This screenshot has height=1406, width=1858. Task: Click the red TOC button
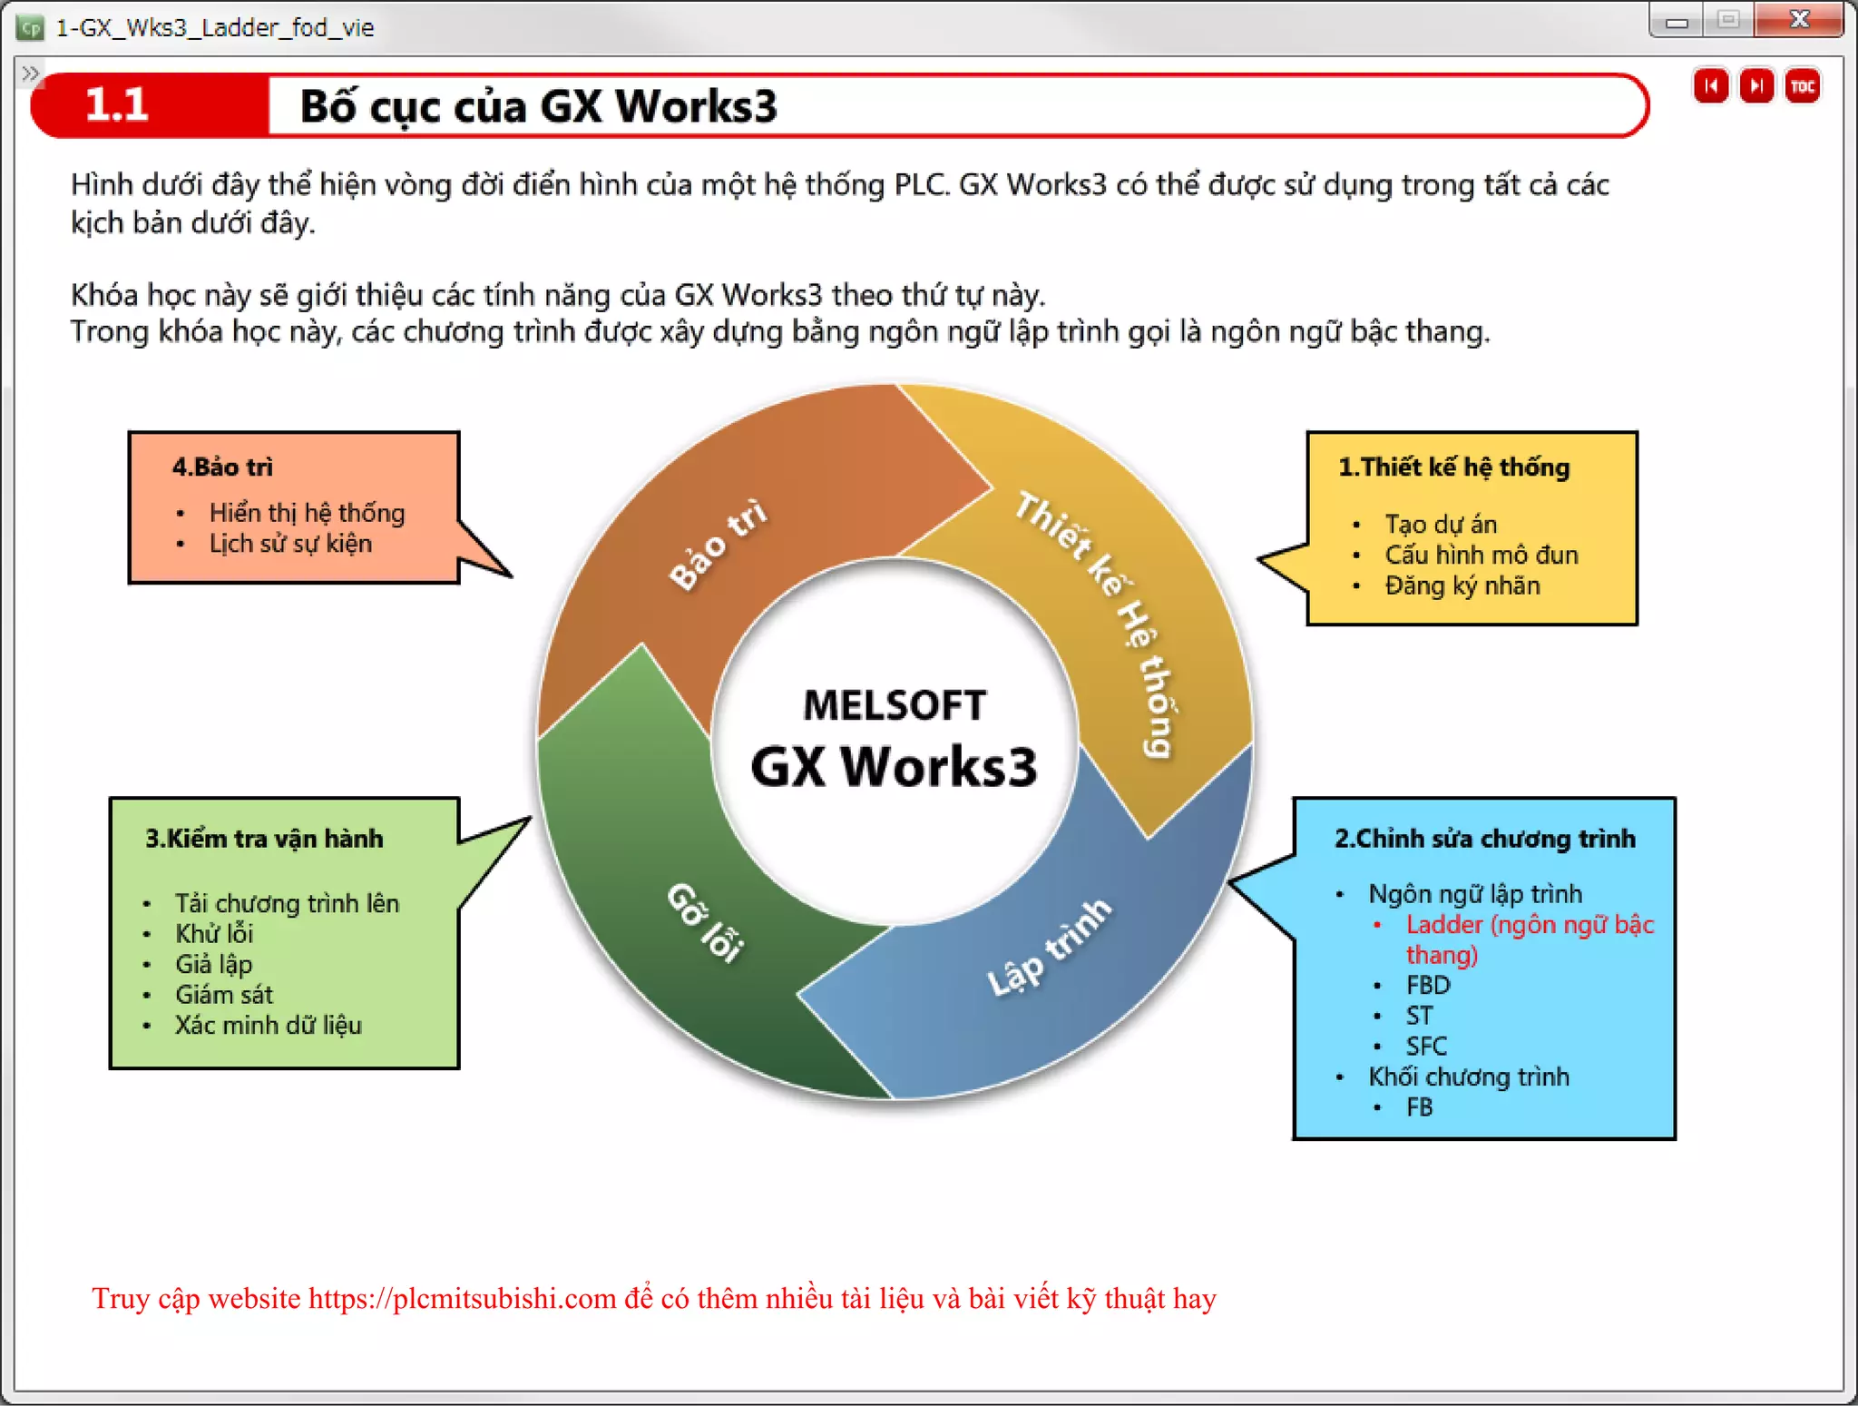pos(1802,86)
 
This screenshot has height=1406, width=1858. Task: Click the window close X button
pos(1799,19)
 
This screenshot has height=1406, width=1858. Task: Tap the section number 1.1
pos(117,105)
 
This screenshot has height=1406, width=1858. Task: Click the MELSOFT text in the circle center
pos(894,706)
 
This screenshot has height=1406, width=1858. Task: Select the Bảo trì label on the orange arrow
pos(718,544)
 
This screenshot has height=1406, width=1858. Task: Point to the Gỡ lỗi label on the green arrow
pos(707,920)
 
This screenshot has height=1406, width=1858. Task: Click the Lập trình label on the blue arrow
pos(1048,948)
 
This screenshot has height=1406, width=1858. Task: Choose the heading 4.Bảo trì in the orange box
pos(222,467)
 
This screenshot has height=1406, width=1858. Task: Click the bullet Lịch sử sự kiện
pos(290,544)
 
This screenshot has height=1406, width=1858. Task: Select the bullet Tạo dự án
pos(1440,525)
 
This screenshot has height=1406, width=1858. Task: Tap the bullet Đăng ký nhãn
pos(1462,585)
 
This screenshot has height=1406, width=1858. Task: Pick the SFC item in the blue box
pos(1426,1047)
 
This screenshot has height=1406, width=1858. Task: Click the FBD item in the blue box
pos(1428,986)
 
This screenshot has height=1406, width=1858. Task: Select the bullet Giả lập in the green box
pos(213,964)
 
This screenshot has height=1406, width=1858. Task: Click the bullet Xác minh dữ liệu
pos(269,1026)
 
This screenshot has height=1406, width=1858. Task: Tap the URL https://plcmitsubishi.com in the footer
pos(463,1299)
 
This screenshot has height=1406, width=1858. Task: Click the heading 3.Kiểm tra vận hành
pos(264,839)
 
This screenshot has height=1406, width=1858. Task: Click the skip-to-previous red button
pos(1710,86)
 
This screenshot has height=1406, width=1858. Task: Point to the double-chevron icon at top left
pos(30,73)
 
